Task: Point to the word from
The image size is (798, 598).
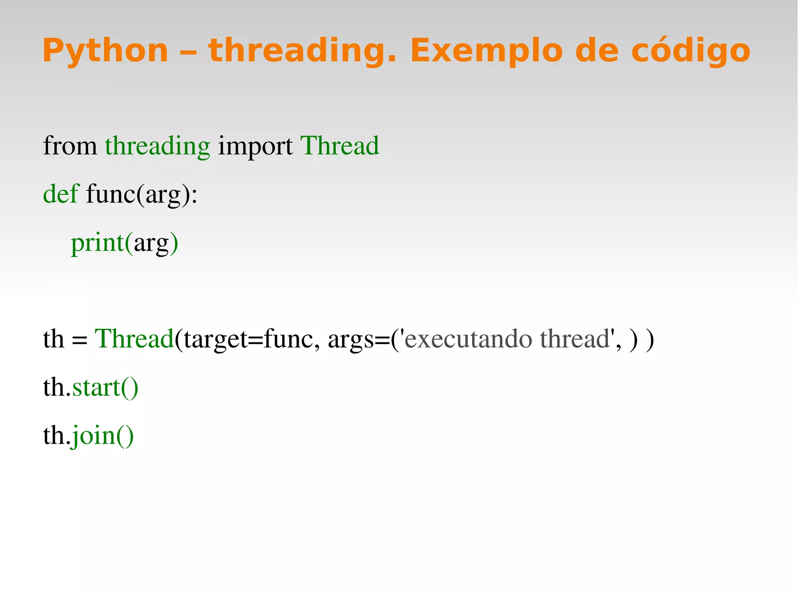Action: (x=70, y=146)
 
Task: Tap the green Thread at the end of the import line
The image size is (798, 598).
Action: (x=339, y=146)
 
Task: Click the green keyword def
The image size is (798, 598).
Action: (x=61, y=194)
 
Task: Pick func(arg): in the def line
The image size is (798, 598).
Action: (x=141, y=194)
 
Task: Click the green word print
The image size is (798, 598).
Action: (x=97, y=243)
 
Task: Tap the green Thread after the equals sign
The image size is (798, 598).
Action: (x=134, y=339)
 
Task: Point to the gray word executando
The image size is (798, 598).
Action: (x=468, y=339)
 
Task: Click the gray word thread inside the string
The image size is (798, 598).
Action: (x=574, y=339)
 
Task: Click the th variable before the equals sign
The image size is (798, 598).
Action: (x=53, y=339)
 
